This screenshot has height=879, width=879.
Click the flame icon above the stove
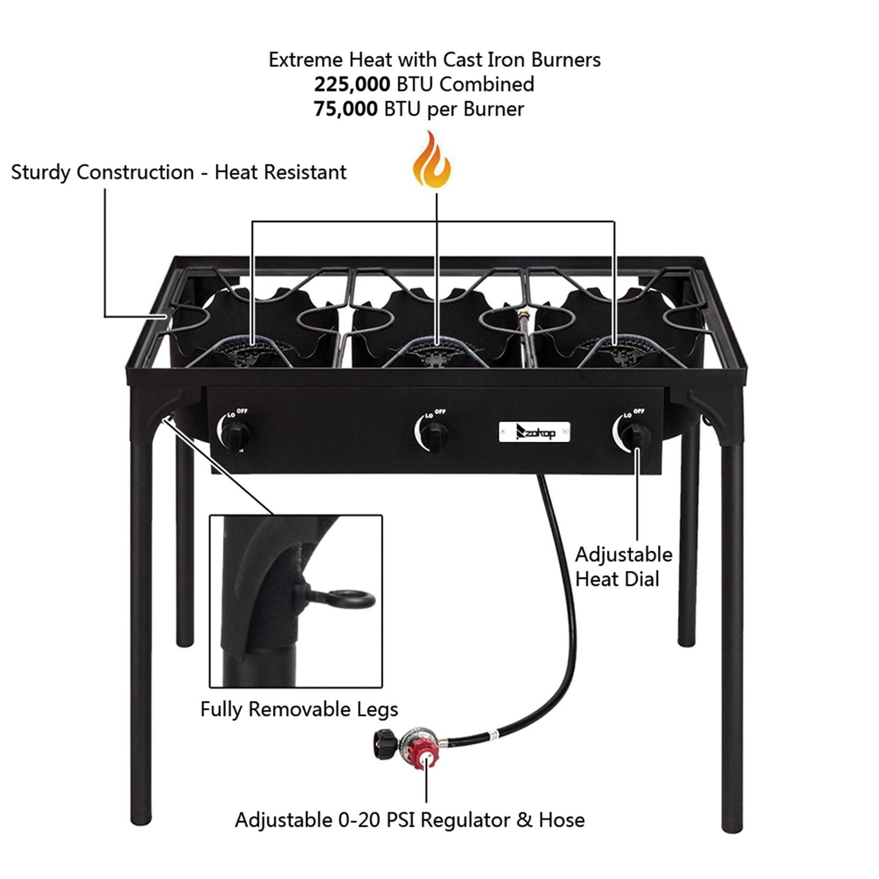(431, 160)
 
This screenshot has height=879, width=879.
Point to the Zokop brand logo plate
(535, 431)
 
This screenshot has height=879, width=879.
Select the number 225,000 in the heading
(352, 85)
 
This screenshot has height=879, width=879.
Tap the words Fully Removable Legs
(299, 709)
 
